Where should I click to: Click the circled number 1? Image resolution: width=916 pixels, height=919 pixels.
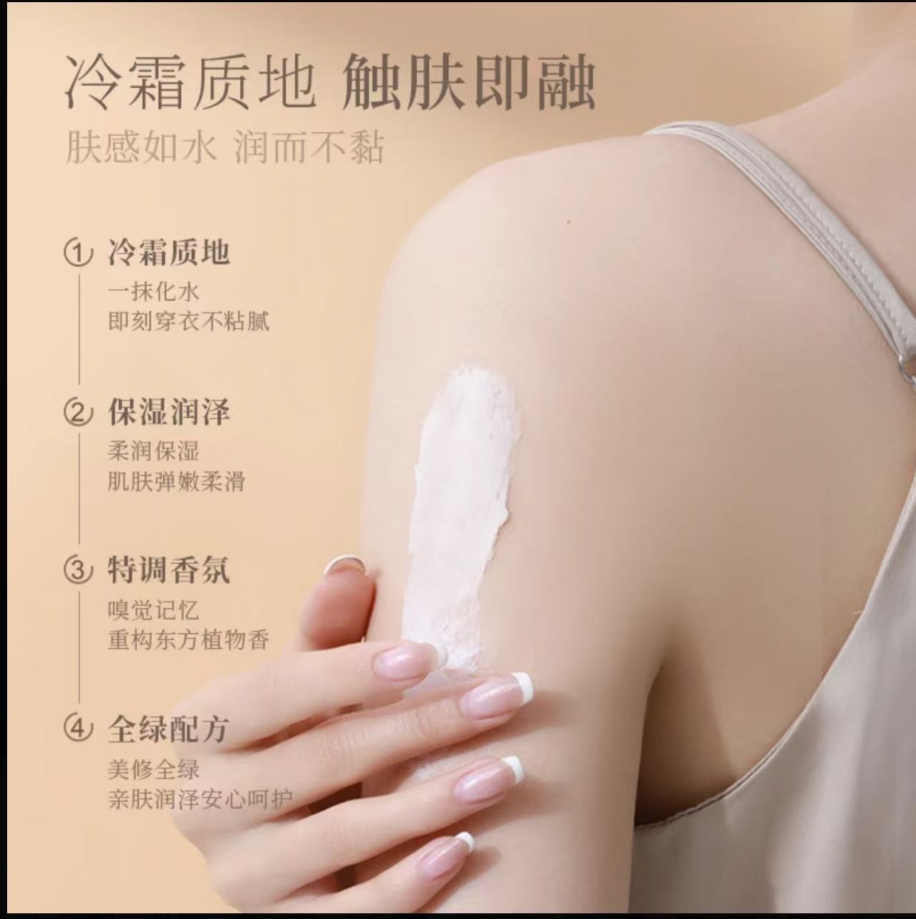(79, 253)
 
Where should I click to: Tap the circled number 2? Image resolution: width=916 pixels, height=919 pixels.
(79, 413)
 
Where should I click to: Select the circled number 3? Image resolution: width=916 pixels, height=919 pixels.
(79, 571)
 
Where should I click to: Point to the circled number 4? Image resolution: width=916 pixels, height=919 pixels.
(79, 728)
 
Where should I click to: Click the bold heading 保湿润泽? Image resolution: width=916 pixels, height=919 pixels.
(169, 412)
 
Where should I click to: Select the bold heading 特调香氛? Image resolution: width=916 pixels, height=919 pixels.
(169, 570)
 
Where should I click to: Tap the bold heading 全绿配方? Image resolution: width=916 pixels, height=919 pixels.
(169, 728)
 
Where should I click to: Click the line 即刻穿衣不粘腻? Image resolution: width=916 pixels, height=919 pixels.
(188, 321)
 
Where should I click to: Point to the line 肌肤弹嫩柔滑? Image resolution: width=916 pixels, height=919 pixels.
(177, 481)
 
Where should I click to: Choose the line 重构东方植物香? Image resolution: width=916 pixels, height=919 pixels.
(188, 639)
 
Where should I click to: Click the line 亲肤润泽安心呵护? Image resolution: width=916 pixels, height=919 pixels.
(200, 798)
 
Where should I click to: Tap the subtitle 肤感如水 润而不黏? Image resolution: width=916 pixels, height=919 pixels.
(225, 148)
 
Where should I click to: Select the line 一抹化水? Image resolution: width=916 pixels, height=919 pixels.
(154, 291)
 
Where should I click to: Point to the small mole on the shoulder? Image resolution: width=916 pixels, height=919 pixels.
(568, 221)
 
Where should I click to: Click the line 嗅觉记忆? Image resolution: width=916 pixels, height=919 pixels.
(153, 610)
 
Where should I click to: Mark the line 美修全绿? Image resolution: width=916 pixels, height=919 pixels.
(154, 769)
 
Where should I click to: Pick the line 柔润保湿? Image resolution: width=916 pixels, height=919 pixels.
(154, 451)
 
